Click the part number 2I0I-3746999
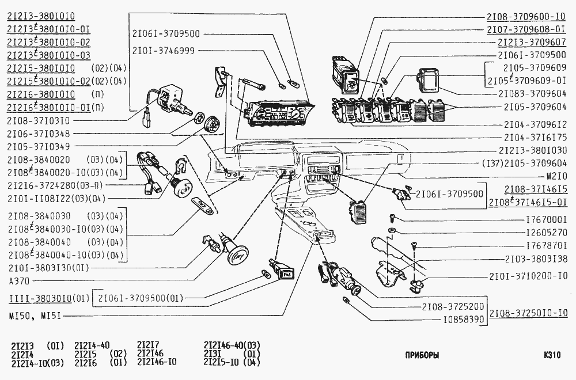[x=163, y=50]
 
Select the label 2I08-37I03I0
[x=39, y=120]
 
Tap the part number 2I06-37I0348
[x=39, y=133]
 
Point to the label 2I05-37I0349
[x=39, y=146]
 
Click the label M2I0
[x=556, y=175]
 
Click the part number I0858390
[x=464, y=319]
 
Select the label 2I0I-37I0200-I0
[x=528, y=276]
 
